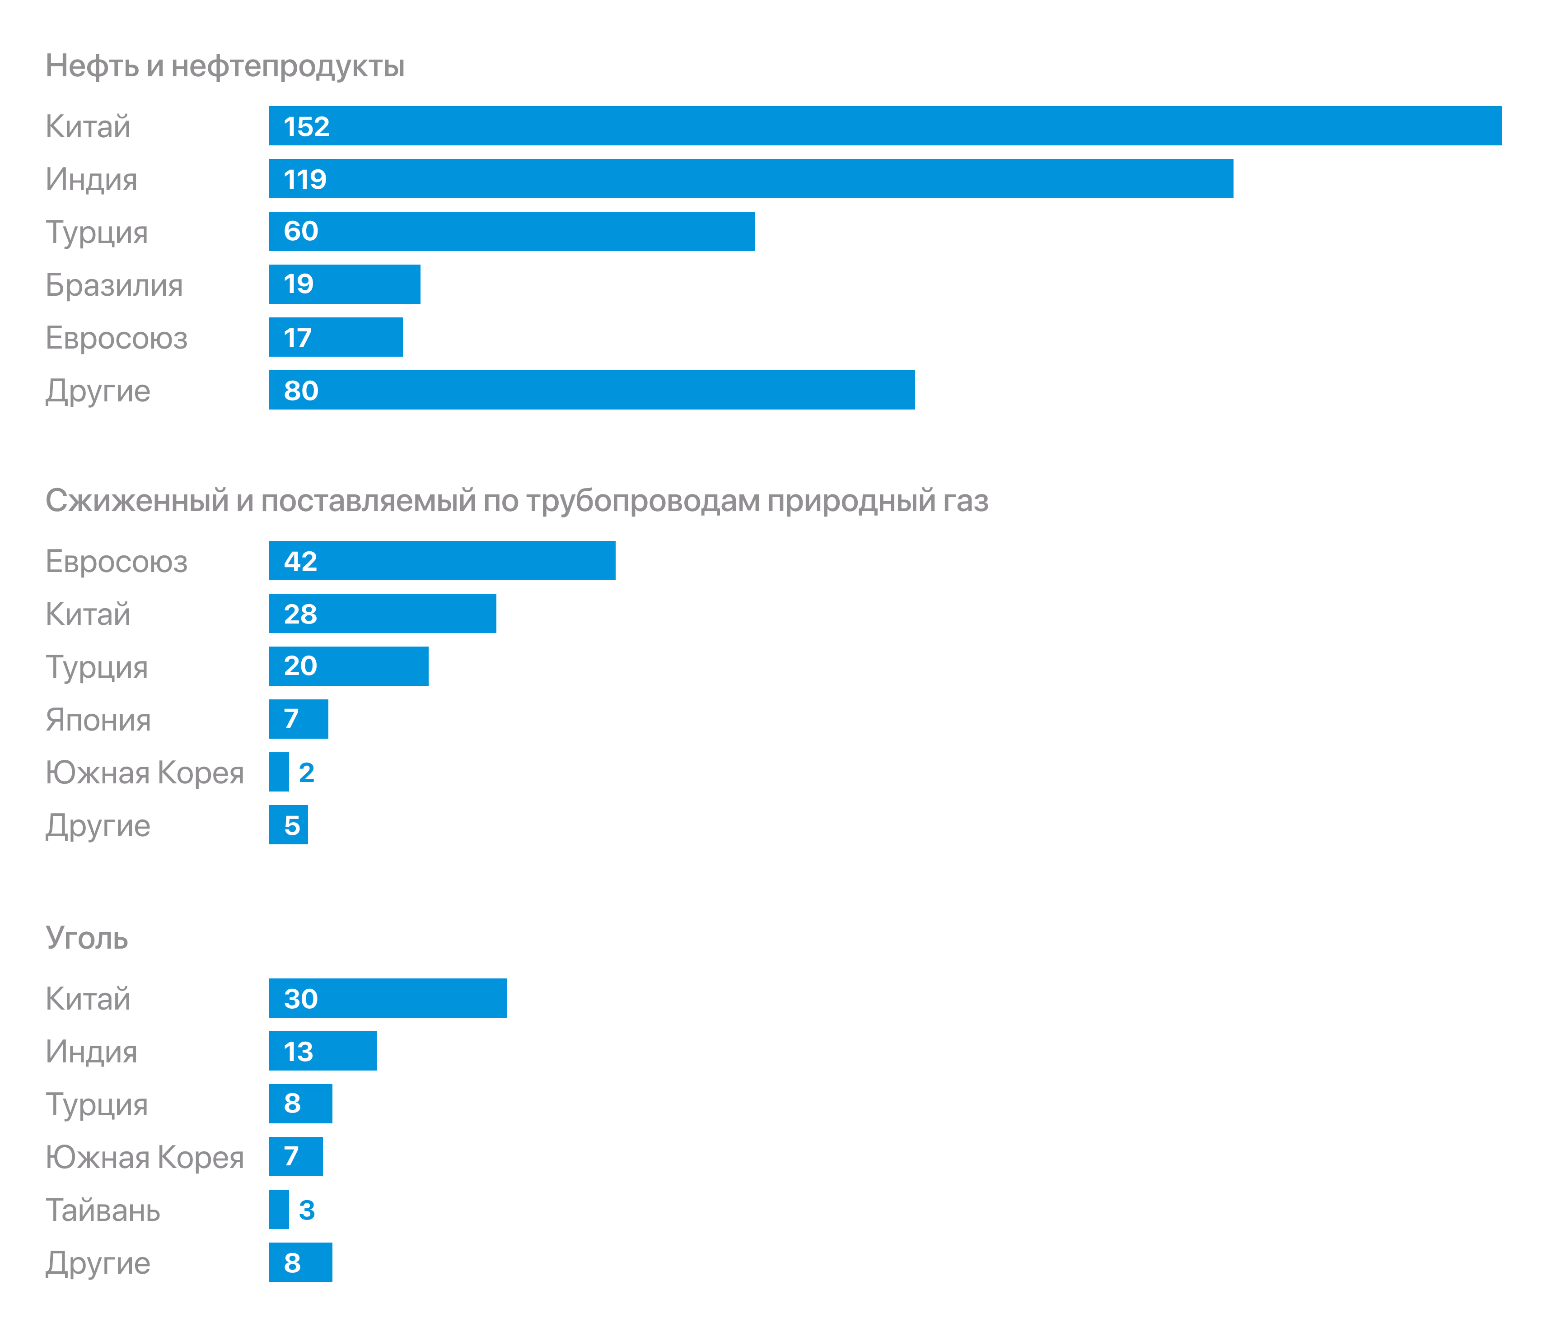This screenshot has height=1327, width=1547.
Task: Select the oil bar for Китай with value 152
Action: coord(885,126)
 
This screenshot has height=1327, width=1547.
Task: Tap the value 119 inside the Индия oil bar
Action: coord(304,179)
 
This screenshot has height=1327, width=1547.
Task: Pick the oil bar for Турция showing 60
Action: coord(511,231)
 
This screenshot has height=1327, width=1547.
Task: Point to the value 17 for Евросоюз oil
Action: coord(297,338)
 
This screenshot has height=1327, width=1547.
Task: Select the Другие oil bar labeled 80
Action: coord(591,390)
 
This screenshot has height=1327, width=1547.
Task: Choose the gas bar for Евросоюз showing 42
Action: coord(442,560)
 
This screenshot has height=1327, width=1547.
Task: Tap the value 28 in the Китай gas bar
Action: coord(300,614)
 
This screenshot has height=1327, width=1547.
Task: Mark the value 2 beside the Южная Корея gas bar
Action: coord(306,773)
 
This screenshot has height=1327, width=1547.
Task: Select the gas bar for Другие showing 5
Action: coord(288,825)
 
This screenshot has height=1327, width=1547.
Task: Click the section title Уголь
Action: coord(87,938)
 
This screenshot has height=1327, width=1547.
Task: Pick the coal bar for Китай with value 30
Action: coord(388,998)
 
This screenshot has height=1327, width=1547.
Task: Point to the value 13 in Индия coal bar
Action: coord(298,1052)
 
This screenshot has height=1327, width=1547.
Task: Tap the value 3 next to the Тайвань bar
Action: coord(306,1210)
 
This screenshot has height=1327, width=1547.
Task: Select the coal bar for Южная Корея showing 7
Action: coord(296,1156)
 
